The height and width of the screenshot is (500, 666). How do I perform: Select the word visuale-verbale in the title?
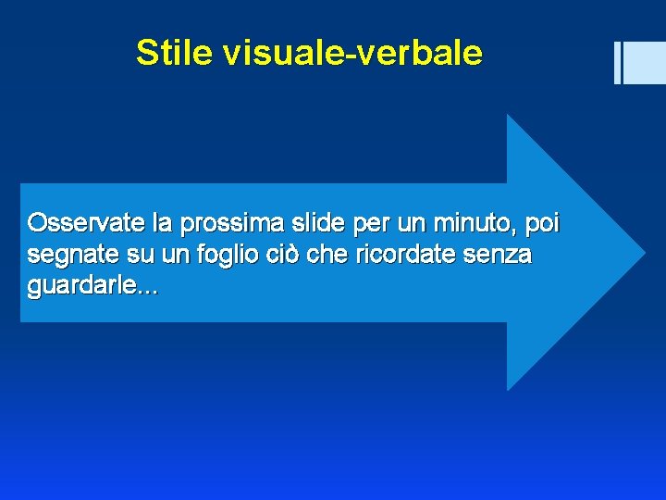click(351, 53)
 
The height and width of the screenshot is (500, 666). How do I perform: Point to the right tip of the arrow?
click(644, 251)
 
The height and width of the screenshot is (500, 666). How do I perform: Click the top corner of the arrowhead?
click(508, 115)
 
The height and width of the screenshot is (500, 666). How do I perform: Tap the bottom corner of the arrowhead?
click(508, 389)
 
